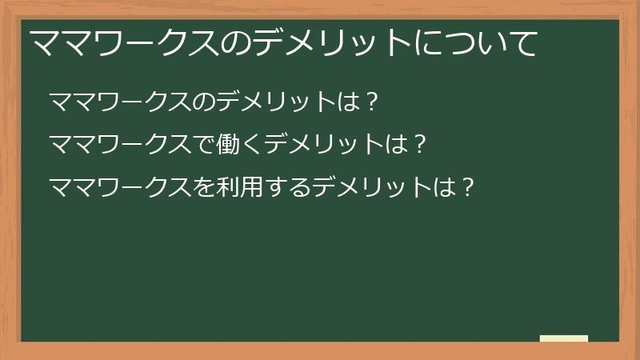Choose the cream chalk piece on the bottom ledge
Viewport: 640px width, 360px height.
coord(563,338)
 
